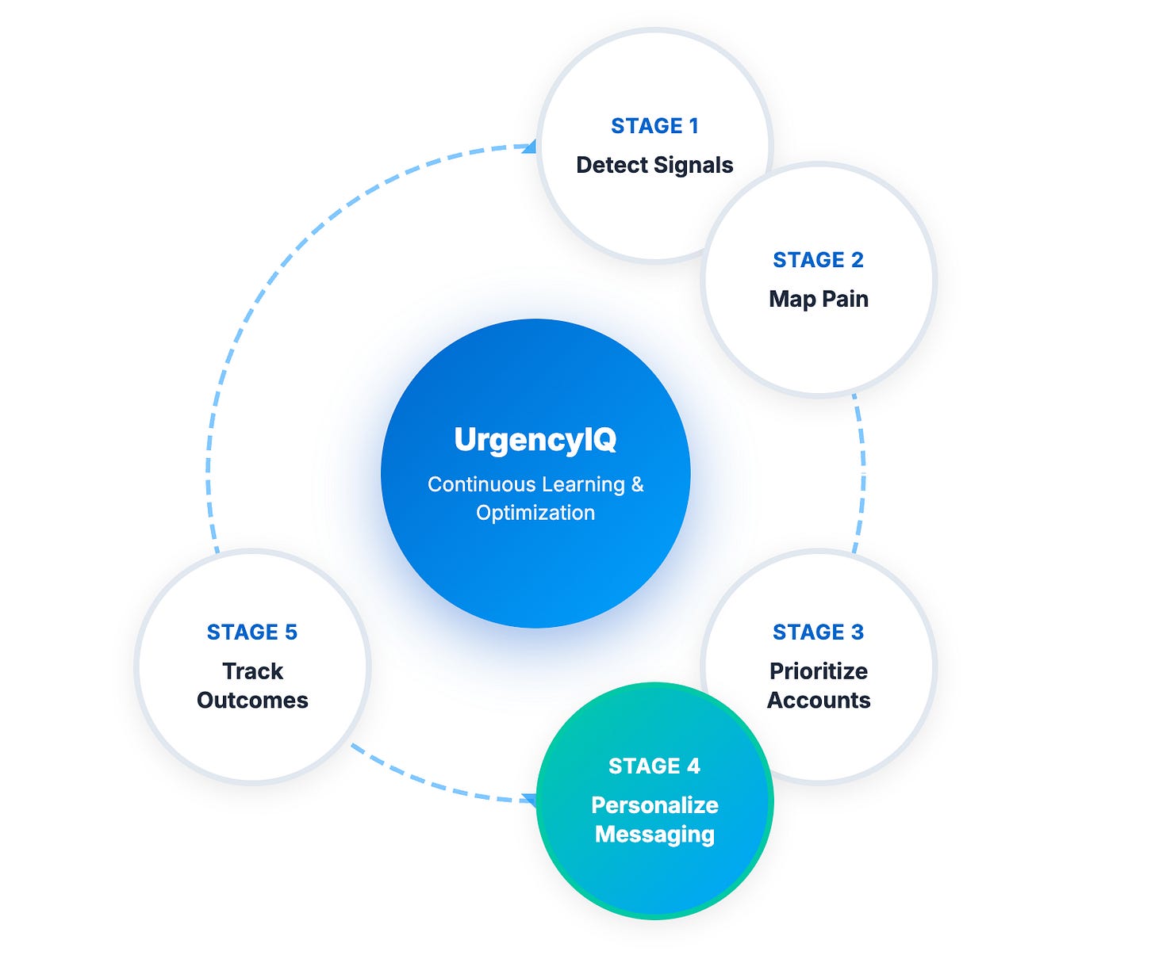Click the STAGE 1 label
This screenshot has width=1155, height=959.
pos(654,126)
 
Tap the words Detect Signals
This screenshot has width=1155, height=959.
pos(654,165)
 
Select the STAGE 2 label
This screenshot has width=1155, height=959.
pos(818,260)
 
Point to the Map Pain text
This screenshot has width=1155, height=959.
pos(818,299)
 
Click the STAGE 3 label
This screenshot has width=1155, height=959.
pos(818,632)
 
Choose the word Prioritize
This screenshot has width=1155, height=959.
pos(818,671)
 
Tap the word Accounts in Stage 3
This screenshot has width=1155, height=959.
pos(818,701)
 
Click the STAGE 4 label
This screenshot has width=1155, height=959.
pos(654,766)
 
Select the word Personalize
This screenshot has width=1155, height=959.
pos(654,805)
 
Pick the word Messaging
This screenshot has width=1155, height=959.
pos(654,835)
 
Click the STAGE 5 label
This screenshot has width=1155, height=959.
pos(252,632)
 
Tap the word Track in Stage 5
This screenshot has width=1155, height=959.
pos(252,671)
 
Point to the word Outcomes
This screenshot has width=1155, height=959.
pos(252,701)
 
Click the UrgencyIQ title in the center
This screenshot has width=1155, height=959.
pos(535,440)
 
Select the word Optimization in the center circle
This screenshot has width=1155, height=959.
pos(535,513)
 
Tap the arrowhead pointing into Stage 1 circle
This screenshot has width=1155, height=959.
pos(529,147)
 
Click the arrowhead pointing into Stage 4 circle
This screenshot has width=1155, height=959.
pos(529,800)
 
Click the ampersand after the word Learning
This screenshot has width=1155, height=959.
pos(637,484)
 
